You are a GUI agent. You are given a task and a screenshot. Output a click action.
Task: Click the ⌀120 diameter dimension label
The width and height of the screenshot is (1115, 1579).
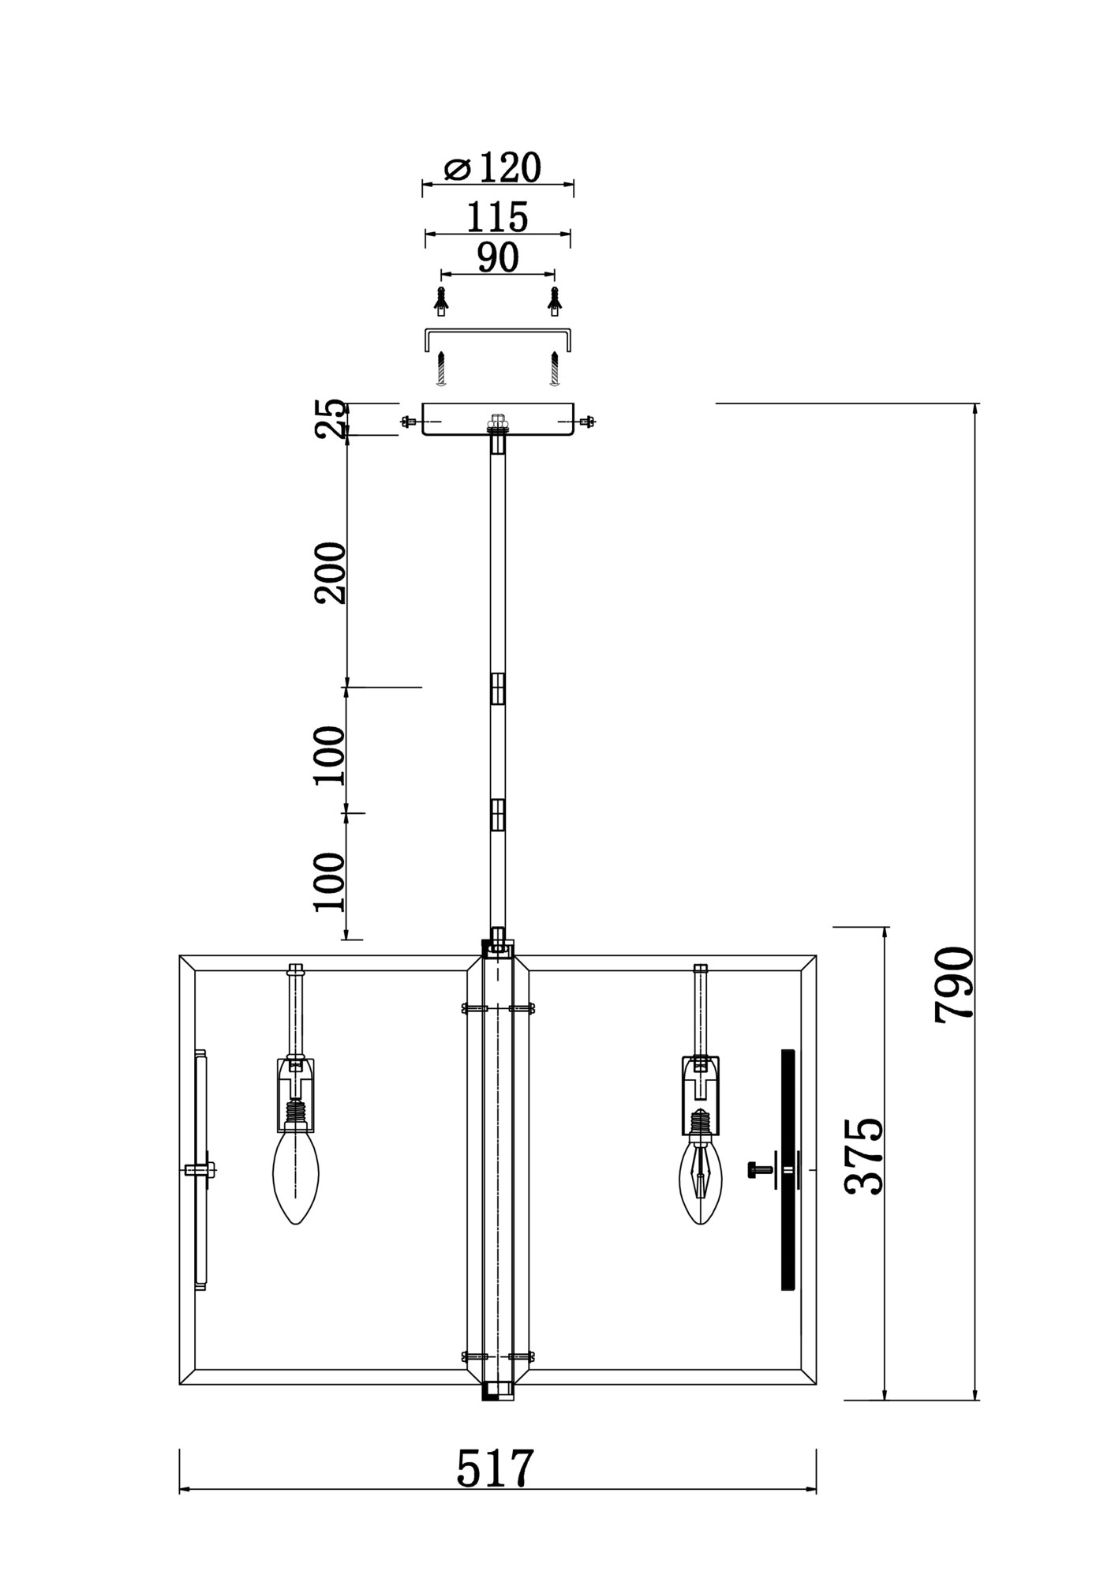(x=493, y=167)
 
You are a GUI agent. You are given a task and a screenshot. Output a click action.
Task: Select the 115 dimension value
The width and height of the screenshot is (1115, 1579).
(x=497, y=216)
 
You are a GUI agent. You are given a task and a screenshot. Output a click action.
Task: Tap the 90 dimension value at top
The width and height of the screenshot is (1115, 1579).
(x=498, y=257)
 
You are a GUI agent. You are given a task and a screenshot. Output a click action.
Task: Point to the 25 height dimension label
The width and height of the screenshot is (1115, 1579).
(x=331, y=418)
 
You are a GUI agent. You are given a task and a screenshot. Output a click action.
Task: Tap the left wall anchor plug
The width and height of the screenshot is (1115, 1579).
(x=441, y=300)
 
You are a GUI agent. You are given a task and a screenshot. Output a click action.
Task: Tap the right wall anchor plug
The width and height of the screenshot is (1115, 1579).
(x=555, y=300)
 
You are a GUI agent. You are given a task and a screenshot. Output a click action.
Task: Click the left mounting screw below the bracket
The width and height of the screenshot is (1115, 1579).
(x=442, y=369)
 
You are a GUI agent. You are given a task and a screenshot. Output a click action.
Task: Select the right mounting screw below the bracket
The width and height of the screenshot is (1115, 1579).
(x=555, y=369)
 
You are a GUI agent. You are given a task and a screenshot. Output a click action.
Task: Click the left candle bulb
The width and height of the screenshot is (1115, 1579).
(x=296, y=1177)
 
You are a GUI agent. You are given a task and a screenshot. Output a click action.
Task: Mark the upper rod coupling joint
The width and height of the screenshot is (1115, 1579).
(x=497, y=688)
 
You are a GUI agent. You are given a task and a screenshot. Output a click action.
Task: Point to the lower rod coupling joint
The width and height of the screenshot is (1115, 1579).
(x=497, y=815)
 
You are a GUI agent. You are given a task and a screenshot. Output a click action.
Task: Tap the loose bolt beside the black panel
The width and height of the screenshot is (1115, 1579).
(x=760, y=1169)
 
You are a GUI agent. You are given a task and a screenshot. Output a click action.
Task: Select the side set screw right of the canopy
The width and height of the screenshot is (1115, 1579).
(x=587, y=422)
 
